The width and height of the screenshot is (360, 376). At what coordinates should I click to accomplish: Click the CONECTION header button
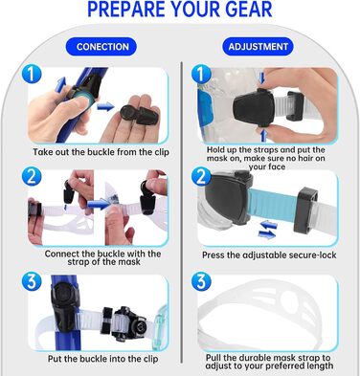101,47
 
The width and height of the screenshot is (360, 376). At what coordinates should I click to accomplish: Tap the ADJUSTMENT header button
258,47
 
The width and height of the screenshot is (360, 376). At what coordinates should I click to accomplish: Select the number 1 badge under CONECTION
32,75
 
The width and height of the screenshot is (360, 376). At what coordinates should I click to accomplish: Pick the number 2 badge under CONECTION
32,177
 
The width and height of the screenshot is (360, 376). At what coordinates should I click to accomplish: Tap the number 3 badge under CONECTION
32,281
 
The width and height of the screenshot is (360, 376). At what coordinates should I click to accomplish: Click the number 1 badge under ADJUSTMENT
201,75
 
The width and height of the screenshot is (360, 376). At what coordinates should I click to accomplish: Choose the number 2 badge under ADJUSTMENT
201,177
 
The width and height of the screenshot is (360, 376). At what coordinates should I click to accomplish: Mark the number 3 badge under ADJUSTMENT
201,281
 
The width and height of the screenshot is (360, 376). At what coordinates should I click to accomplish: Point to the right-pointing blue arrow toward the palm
105,107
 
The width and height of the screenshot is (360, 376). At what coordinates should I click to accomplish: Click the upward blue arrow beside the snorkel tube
60,84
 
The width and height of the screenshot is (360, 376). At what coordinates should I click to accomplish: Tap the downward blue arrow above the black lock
262,78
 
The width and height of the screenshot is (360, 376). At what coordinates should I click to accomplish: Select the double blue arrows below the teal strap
267,231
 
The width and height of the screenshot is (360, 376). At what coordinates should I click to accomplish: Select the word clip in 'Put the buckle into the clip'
149,359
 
